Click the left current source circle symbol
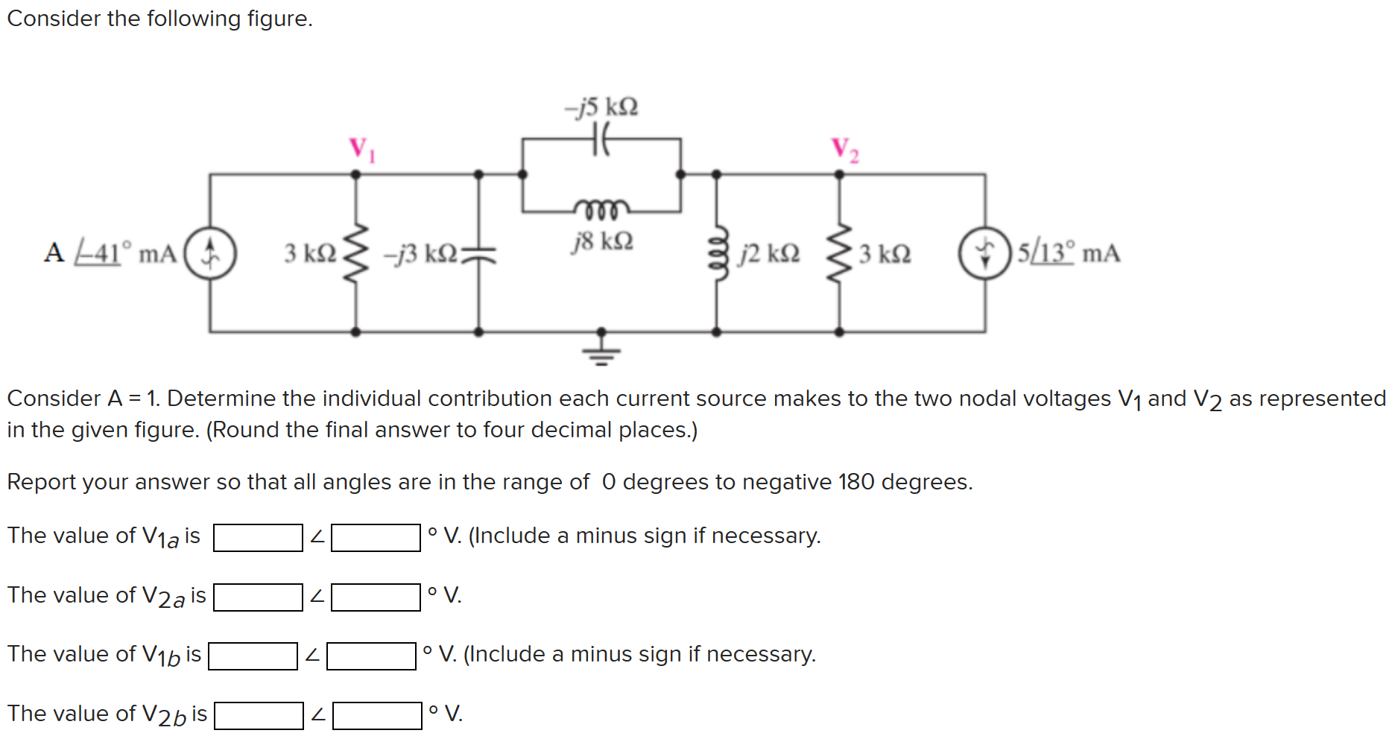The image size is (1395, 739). pos(211,253)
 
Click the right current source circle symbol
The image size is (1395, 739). pos(984,253)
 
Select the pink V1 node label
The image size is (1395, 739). pos(362,149)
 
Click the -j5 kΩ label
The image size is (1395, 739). pos(601,107)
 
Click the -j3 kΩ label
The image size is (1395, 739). pos(420,254)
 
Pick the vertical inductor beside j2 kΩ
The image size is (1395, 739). pos(717,253)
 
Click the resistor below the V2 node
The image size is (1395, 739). pos(839,253)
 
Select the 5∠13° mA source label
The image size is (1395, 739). pos(1069,253)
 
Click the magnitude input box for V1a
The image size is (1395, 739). pos(258,538)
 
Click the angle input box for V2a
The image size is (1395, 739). pos(376,597)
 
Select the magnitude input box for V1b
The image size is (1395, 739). pos(253,656)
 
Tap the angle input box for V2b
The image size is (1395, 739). pos(377,716)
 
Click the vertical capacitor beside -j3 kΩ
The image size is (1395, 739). pos(478,254)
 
